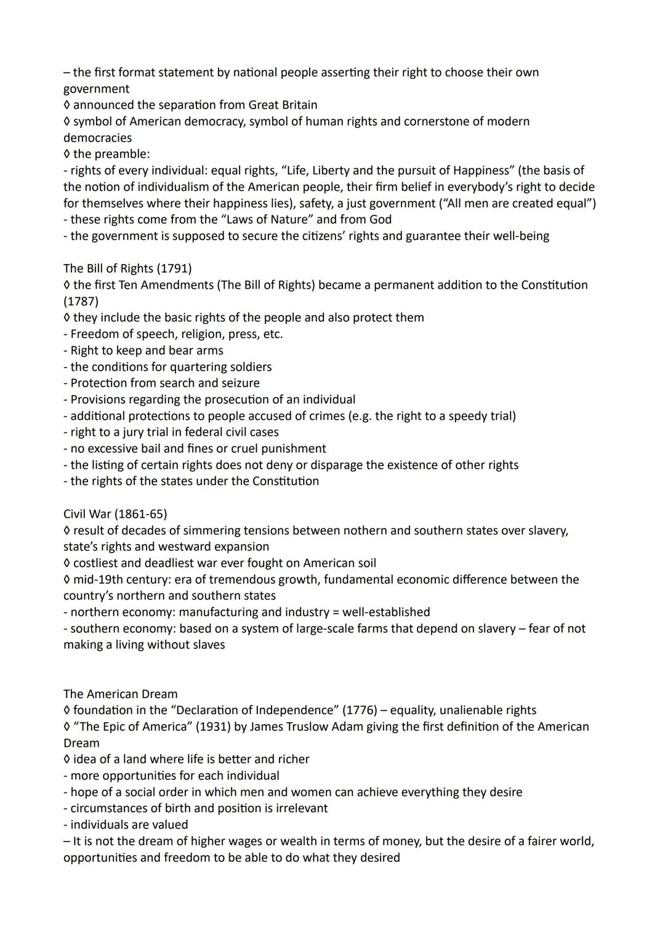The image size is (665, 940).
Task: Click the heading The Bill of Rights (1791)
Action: click(x=127, y=268)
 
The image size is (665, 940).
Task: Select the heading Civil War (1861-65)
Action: click(x=115, y=513)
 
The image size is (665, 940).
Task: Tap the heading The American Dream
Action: click(x=120, y=694)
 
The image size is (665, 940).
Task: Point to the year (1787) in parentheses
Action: click(x=81, y=301)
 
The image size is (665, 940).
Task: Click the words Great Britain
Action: click(x=283, y=105)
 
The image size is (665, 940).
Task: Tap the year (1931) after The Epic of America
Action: click(x=213, y=726)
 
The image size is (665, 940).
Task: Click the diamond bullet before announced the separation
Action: click(x=67, y=105)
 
